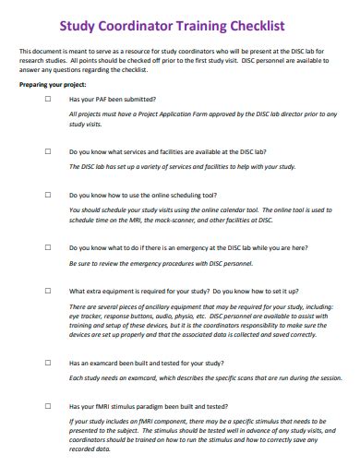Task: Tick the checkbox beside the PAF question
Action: [48, 98]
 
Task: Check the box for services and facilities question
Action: [48, 149]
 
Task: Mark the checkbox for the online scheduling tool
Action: [48, 195]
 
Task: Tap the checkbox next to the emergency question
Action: [48, 246]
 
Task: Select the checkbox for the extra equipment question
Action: [48, 292]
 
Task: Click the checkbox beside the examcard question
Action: [48, 362]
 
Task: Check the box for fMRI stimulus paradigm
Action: [48, 406]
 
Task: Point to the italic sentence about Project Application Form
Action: [198, 115]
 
